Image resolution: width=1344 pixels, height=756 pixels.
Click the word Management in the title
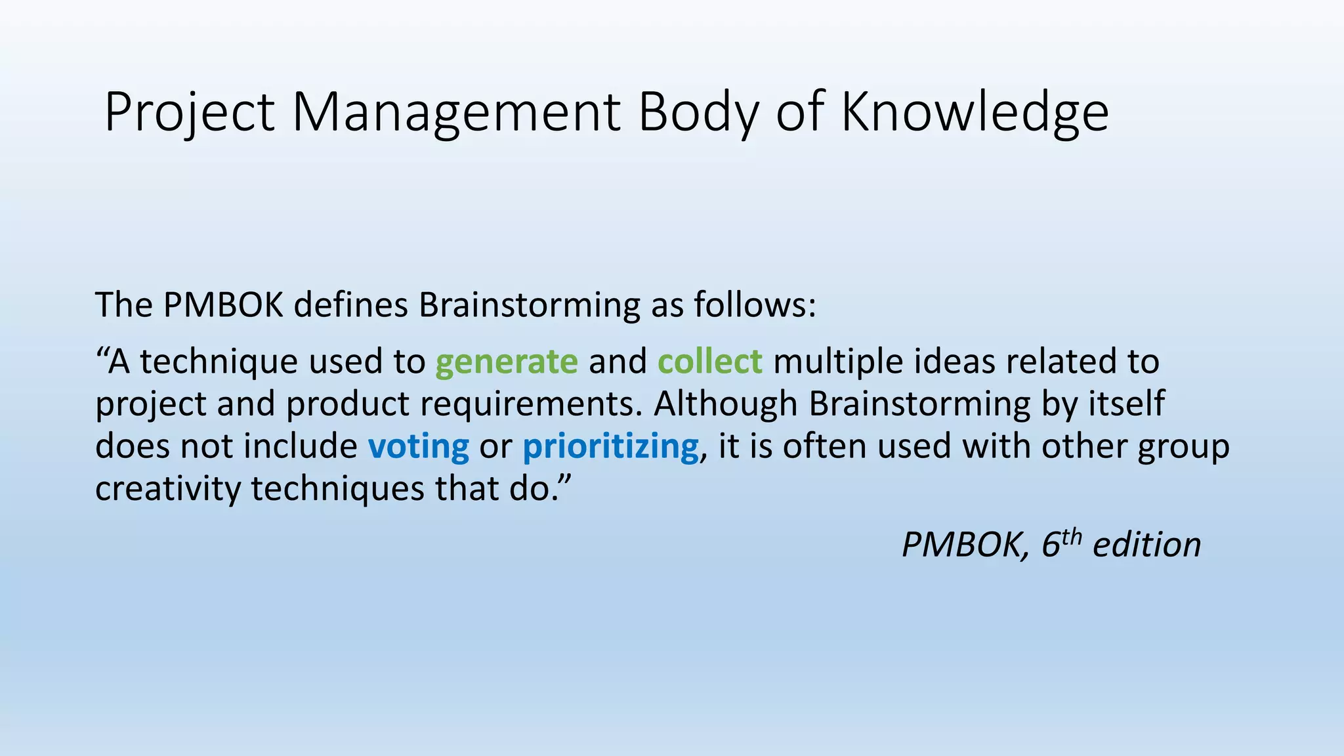click(455, 113)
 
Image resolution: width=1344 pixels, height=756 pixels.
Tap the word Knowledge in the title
click(975, 113)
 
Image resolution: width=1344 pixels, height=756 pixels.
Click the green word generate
click(507, 362)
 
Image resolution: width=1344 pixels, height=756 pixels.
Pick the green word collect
click(710, 362)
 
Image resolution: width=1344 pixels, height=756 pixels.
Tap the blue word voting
click(419, 447)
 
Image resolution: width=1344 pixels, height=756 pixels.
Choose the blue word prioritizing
click(611, 447)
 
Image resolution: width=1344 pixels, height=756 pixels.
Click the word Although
click(725, 404)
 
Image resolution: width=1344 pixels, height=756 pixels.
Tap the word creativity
click(168, 489)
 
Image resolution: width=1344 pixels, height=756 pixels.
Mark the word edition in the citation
click(1146, 545)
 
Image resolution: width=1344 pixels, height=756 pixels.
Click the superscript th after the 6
click(1071, 536)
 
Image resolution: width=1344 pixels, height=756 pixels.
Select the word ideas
click(954, 362)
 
